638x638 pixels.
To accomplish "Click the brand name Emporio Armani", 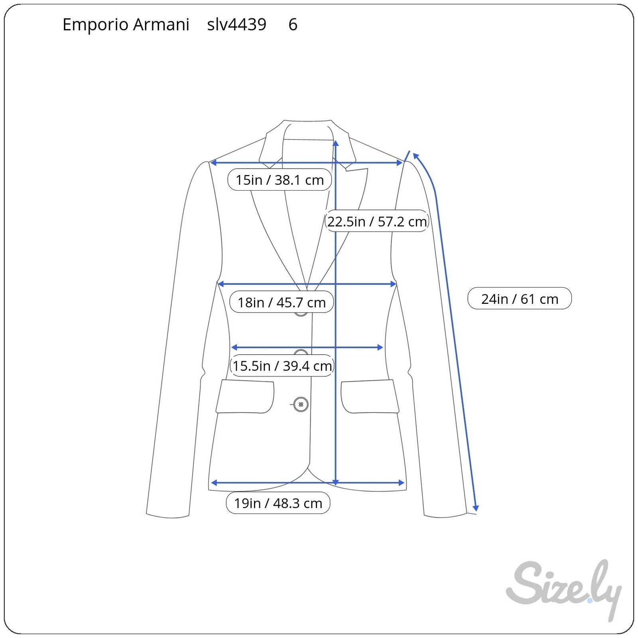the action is [x=126, y=25].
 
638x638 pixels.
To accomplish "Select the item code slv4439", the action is [x=236, y=25].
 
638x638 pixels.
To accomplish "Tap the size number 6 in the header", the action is [x=293, y=25].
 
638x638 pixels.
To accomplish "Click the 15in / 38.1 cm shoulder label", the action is [x=280, y=180].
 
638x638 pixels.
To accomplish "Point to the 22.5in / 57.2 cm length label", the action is [x=377, y=221].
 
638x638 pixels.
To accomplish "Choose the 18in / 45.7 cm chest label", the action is [x=282, y=302].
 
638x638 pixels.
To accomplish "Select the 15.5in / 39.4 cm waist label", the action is [x=282, y=366].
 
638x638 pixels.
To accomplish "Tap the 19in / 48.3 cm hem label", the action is [x=278, y=503].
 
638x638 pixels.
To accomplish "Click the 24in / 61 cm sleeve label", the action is [x=520, y=298].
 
